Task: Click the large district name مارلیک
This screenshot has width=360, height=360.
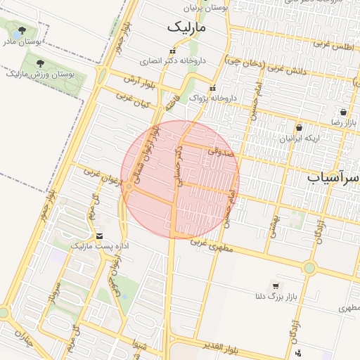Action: pyautogui.click(x=188, y=27)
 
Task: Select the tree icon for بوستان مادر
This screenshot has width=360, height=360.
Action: pyautogui.click(x=22, y=31)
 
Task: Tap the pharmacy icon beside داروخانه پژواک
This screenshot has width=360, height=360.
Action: pyautogui.click(x=213, y=88)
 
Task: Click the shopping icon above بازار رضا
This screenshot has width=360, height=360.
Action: pyautogui.click(x=343, y=112)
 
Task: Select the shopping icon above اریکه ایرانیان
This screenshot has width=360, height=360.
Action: pyautogui.click(x=300, y=128)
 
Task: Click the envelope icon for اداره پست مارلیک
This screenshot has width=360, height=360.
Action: pyautogui.click(x=99, y=236)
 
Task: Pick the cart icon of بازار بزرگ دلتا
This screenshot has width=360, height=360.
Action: pyautogui.click(x=275, y=286)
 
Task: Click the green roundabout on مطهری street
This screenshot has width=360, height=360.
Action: pyautogui.click(x=309, y=267)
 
